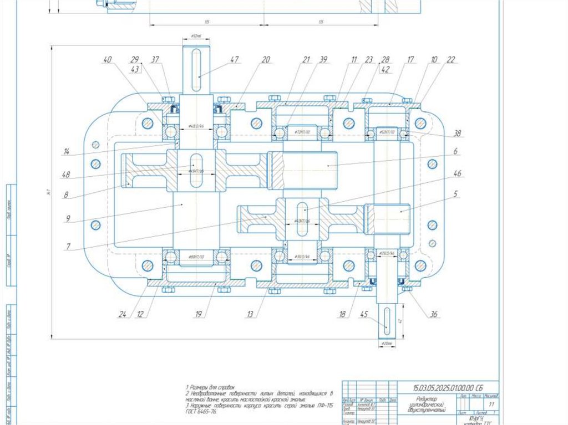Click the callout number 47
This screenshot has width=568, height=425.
coord(235,59)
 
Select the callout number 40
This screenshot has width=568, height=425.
coord(107,59)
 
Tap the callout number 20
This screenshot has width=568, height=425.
coord(266,59)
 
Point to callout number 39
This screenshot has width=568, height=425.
coord(323,59)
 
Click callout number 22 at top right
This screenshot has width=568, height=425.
coord(450,59)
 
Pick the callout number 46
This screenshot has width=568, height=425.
coord(457,173)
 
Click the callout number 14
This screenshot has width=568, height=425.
coord(66,151)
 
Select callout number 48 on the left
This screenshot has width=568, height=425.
coord(66,176)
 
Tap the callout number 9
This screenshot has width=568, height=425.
coord(67,219)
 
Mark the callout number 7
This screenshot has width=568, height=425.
coord(67,247)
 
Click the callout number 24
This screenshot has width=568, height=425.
coord(122,314)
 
